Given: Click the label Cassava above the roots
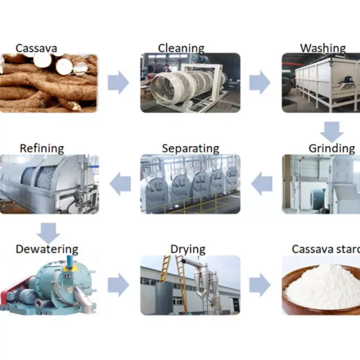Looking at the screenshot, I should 36,48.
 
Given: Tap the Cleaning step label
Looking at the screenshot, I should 181,48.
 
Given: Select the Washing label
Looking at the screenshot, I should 323,48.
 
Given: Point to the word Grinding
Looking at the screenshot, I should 331,148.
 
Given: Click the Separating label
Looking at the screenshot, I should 191,148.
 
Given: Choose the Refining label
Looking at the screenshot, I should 42,148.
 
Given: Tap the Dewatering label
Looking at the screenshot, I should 47,249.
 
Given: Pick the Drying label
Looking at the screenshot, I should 188,249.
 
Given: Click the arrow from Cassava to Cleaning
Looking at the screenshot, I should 118,83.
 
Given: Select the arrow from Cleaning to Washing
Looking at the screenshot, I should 260,83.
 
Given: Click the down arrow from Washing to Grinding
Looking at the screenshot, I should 332,132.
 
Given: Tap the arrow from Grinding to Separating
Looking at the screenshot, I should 262,184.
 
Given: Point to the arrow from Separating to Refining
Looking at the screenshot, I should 120,184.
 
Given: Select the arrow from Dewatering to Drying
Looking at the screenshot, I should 118,286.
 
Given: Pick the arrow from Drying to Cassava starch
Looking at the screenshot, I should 260,286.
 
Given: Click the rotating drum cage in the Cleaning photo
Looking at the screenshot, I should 185,84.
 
